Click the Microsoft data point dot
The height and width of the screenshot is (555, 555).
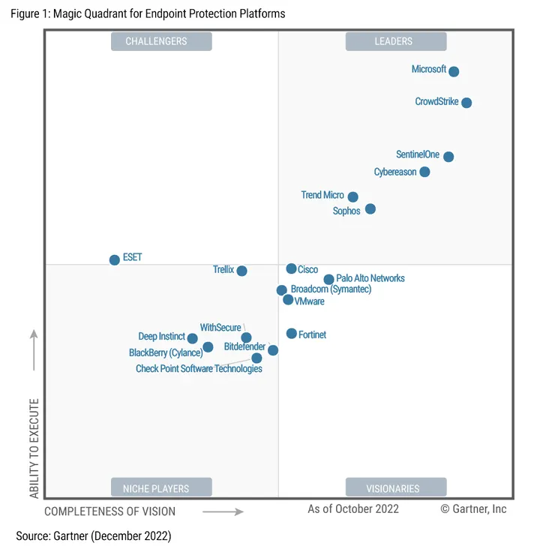(454, 71)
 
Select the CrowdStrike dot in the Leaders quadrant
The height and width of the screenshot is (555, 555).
(466, 103)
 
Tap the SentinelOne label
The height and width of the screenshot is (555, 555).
(418, 154)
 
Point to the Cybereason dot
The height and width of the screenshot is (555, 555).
(424, 172)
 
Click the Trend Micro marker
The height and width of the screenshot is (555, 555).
(353, 197)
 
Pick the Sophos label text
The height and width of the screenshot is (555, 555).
(346, 211)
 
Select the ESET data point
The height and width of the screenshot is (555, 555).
(115, 260)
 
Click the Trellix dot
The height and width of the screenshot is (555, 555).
(241, 271)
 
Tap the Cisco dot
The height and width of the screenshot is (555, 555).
(291, 268)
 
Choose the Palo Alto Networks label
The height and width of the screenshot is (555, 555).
(370, 278)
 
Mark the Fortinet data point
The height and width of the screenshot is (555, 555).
(291, 333)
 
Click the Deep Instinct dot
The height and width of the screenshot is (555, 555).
(193, 338)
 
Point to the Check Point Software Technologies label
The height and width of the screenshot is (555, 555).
(199, 368)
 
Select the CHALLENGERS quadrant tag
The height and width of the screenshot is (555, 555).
(161, 41)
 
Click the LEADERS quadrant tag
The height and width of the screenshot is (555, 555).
(395, 41)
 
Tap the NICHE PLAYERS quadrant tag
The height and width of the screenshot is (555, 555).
(161, 488)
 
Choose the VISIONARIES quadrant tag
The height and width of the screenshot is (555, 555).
(395, 488)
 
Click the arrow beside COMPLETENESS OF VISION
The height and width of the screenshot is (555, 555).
(223, 512)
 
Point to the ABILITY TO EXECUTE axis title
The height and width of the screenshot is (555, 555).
(34, 448)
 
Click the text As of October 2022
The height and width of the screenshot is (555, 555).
(353, 509)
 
